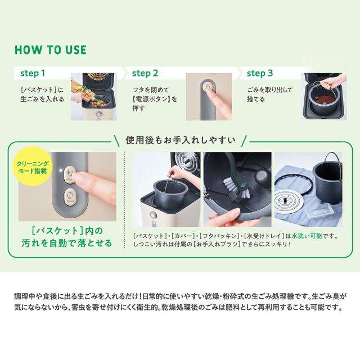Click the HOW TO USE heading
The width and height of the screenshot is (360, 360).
tap(51, 50)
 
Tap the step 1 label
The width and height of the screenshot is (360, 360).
tap(33, 73)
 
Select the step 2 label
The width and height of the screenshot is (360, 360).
tap(145, 73)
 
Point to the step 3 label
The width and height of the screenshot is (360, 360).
tap(260, 73)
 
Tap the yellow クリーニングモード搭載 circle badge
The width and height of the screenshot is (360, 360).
tap(33, 167)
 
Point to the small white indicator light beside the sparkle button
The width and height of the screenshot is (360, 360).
tap(61, 171)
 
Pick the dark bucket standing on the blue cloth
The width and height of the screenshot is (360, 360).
tap(327, 181)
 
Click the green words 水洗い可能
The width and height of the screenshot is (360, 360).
tap(307, 236)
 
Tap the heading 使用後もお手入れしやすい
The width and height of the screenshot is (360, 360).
tap(181, 140)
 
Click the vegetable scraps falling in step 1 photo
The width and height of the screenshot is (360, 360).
tap(92, 96)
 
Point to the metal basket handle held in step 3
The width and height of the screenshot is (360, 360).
tap(319, 88)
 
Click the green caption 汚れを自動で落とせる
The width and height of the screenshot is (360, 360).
tap(66, 243)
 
